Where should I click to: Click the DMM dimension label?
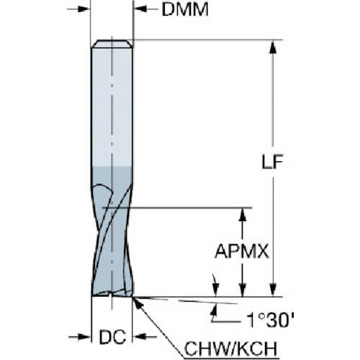[x=185, y=10]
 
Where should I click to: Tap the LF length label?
[x=272, y=161]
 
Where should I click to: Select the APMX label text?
[x=241, y=251]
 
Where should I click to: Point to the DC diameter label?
[x=112, y=337]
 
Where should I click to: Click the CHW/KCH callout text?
[x=230, y=348]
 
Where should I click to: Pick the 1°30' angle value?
[x=270, y=320]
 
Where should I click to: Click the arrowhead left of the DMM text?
[x=140, y=9]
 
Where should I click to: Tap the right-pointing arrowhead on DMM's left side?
[x=84, y=9]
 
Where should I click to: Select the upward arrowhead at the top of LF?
[x=273, y=47]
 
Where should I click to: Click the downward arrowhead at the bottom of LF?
[x=273, y=290]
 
